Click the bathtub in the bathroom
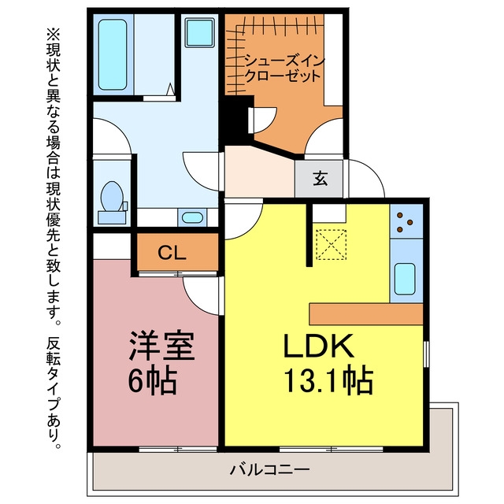tap(113, 54)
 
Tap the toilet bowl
tap(112, 196)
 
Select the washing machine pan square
tap(199, 32)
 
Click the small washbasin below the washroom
tap(192, 217)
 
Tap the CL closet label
tap(172, 253)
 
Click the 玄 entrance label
tap(321, 179)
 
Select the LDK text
tap(318, 346)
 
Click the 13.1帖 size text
tap(329, 381)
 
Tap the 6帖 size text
tap(153, 380)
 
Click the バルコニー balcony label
tap(269, 469)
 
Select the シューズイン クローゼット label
tap(284, 69)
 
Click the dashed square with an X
tap(331, 244)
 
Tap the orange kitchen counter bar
tap(365, 313)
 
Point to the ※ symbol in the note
tap(54, 34)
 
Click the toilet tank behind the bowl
tap(112, 217)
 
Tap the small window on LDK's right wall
tap(427, 354)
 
